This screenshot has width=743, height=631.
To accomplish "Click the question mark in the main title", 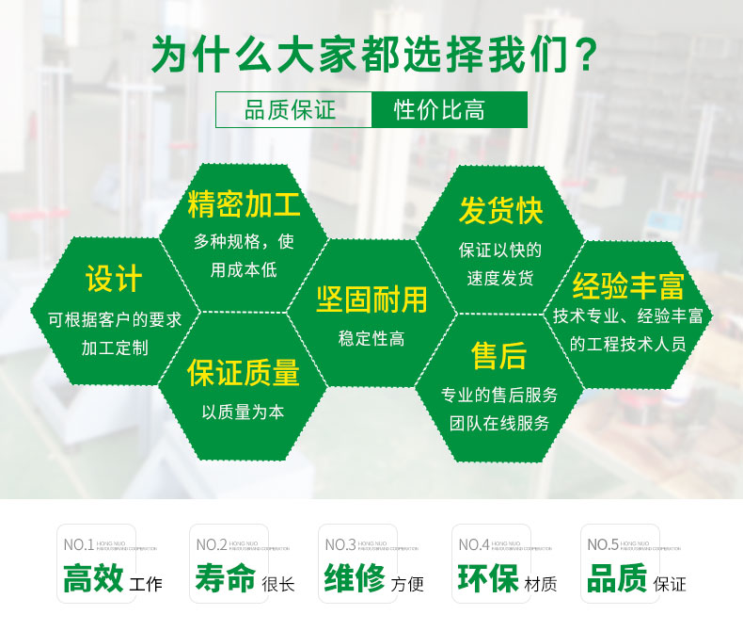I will (x=584, y=54).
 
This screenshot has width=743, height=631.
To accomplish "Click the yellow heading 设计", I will (x=114, y=279).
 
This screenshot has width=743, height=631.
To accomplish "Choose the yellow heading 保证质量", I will (x=244, y=373).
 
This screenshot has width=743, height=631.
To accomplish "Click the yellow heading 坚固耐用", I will (x=371, y=299).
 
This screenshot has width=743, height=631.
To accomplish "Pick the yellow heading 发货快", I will (x=500, y=210).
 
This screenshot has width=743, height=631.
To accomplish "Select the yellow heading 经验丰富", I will (x=628, y=285).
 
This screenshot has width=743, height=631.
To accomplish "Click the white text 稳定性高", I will (x=371, y=339).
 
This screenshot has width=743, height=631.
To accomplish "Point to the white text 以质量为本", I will (x=243, y=412).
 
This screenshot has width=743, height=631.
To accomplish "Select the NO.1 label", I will (x=78, y=544).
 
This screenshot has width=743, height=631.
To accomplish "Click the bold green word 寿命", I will (x=226, y=577).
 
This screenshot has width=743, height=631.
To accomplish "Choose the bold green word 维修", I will (x=355, y=577).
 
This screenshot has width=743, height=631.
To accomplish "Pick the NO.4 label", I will (x=474, y=544).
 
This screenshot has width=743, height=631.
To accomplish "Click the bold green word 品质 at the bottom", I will (x=616, y=577).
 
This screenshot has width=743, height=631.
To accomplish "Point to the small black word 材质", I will (x=541, y=585).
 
